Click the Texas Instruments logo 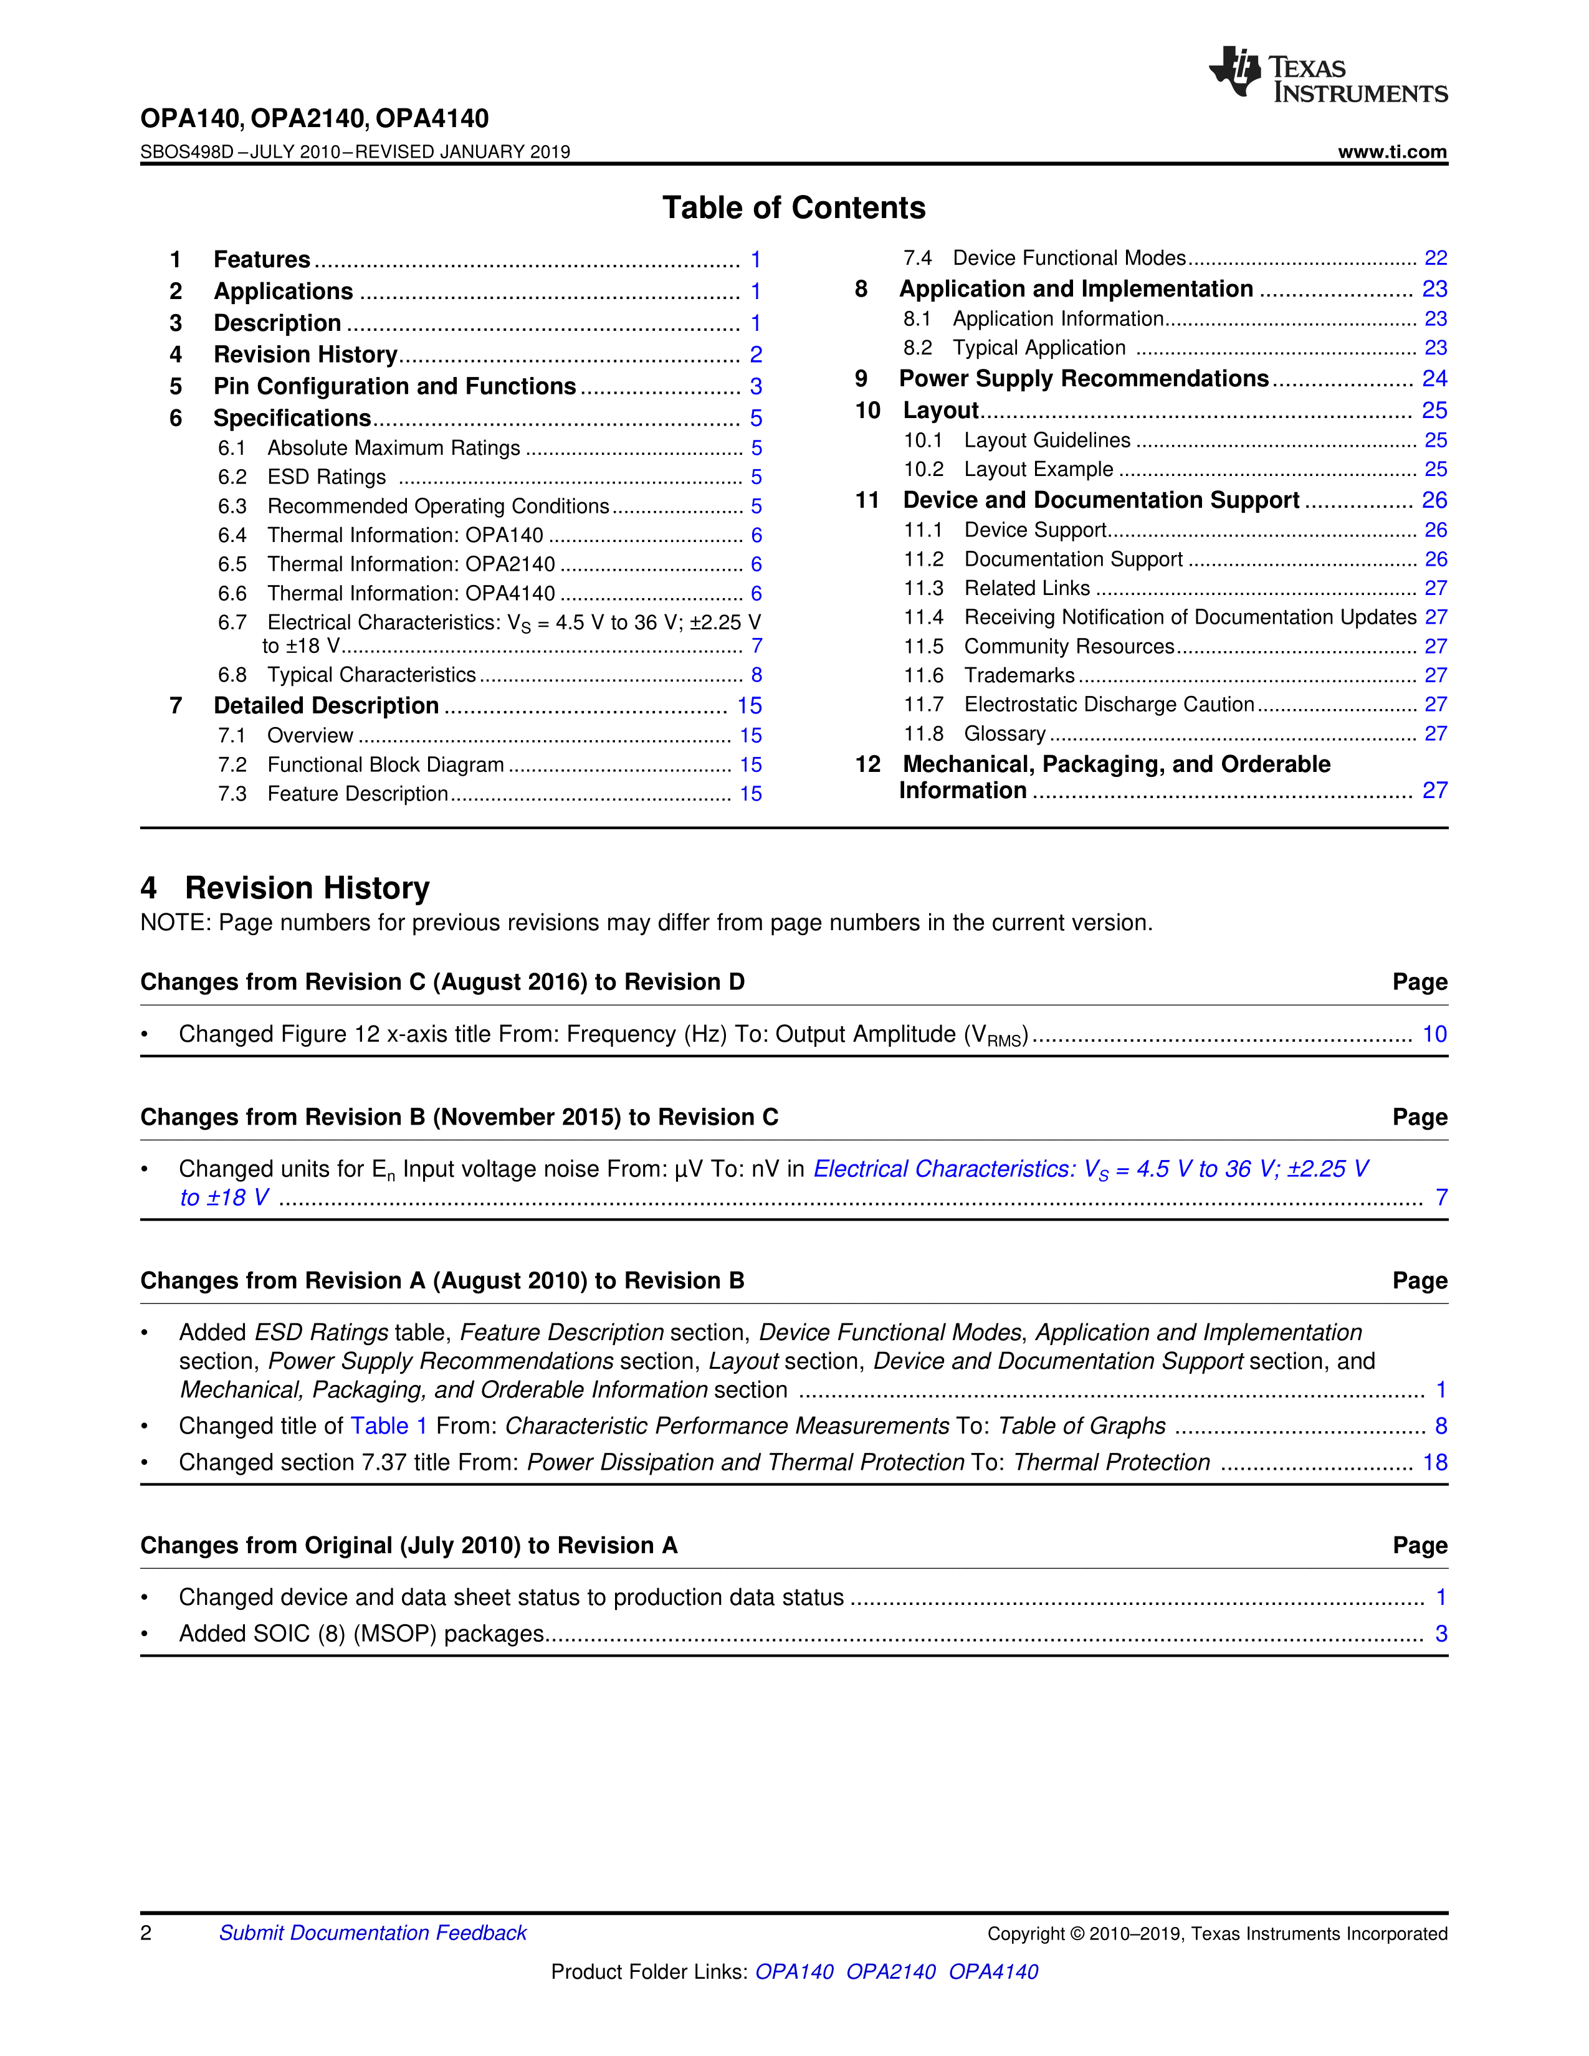coord(1327,74)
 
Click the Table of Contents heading coord(793,208)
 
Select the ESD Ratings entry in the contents coord(326,477)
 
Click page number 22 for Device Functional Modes coord(1434,258)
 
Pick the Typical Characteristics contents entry coord(371,675)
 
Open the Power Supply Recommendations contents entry coord(1084,378)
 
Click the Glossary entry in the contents coord(1004,733)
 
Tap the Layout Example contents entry coord(1038,469)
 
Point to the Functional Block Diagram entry coord(385,764)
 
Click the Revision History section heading coord(306,888)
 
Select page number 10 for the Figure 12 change coord(1434,1035)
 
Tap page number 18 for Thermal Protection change coord(1434,1463)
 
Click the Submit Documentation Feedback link coord(373,1933)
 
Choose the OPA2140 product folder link coord(890,1971)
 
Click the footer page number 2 coord(146,1933)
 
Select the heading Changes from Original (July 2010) coord(409,1546)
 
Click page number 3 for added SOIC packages coord(1440,1634)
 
